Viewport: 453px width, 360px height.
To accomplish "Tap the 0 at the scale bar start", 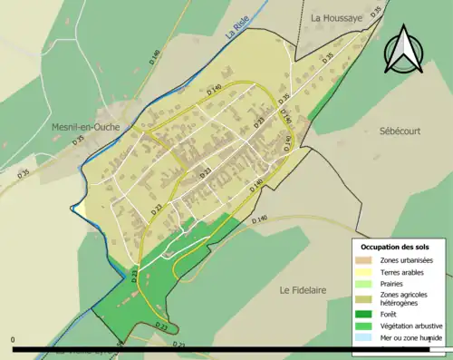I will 14,341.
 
